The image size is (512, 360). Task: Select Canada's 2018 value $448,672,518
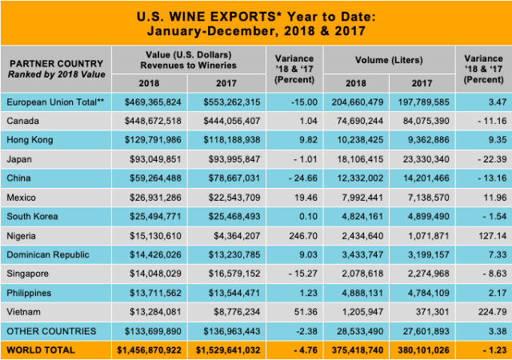point(151,120)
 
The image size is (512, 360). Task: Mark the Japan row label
point(19,158)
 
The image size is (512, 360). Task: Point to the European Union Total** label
point(54,102)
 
